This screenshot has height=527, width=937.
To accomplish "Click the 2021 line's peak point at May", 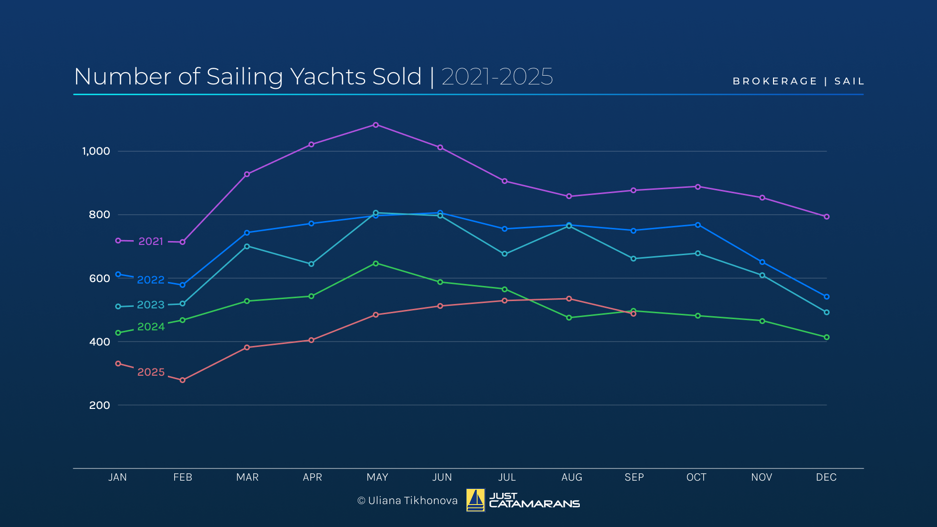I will tap(375, 125).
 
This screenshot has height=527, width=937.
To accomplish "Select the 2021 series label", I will tap(150, 241).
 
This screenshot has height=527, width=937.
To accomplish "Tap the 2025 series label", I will tap(151, 372).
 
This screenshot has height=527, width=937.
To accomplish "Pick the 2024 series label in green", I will tap(151, 326).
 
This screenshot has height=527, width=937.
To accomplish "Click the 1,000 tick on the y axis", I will tap(96, 151).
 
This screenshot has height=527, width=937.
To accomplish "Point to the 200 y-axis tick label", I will tap(100, 405).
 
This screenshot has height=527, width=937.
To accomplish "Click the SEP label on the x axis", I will tap(634, 477).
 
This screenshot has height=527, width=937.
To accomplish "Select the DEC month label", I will tap(826, 477).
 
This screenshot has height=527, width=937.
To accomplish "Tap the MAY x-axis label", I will tap(377, 477).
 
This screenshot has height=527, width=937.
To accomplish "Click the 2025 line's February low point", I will tap(183, 380).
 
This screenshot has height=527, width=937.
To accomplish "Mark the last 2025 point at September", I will tap(633, 314).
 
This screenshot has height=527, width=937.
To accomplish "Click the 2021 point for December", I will tap(826, 217).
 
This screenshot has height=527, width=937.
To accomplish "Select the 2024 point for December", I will tap(826, 337).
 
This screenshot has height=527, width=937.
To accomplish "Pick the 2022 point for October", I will tap(698, 225).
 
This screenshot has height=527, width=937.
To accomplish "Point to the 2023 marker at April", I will tap(311, 264).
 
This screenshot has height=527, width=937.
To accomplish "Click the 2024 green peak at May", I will tap(375, 263).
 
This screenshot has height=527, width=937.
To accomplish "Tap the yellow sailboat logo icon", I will tap(475, 500).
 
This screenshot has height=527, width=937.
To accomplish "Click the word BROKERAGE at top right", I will tap(774, 81).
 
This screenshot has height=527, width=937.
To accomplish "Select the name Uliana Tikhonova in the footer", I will tap(412, 501).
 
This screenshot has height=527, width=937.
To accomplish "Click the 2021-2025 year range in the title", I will tap(497, 77).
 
